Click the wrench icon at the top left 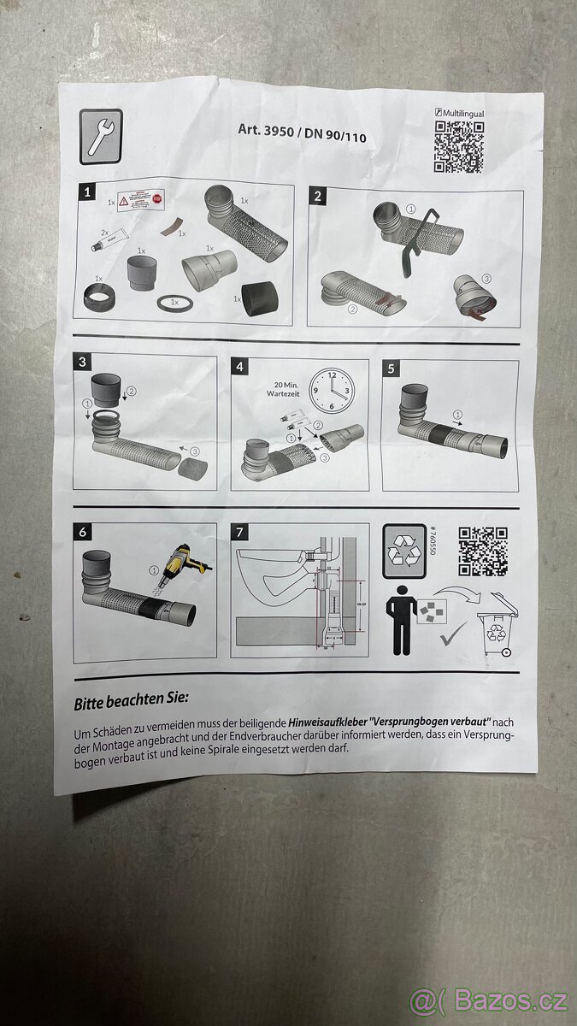pos(100,136)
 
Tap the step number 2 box pos(318,196)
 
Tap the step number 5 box pos(392,369)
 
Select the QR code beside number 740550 pos(483,551)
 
